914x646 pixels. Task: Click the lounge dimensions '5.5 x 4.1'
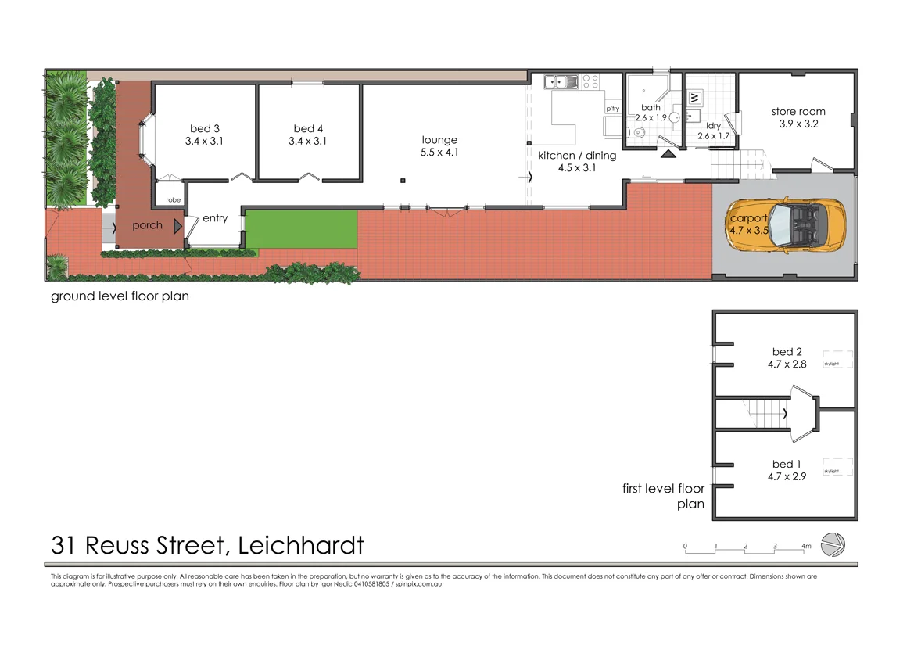tap(439, 153)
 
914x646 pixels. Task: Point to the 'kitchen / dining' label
tap(577, 155)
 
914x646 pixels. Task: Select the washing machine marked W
tap(694, 98)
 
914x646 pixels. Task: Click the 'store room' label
tap(798, 111)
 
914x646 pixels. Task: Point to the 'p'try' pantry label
tap(613, 109)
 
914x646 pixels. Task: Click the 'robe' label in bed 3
tap(173, 200)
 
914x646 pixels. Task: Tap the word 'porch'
tap(147, 225)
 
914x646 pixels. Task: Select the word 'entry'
tap(215, 218)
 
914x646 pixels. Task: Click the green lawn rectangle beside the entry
tap(300, 229)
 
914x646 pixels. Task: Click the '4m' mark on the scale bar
tap(805, 546)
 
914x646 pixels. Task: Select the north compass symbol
tap(834, 544)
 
